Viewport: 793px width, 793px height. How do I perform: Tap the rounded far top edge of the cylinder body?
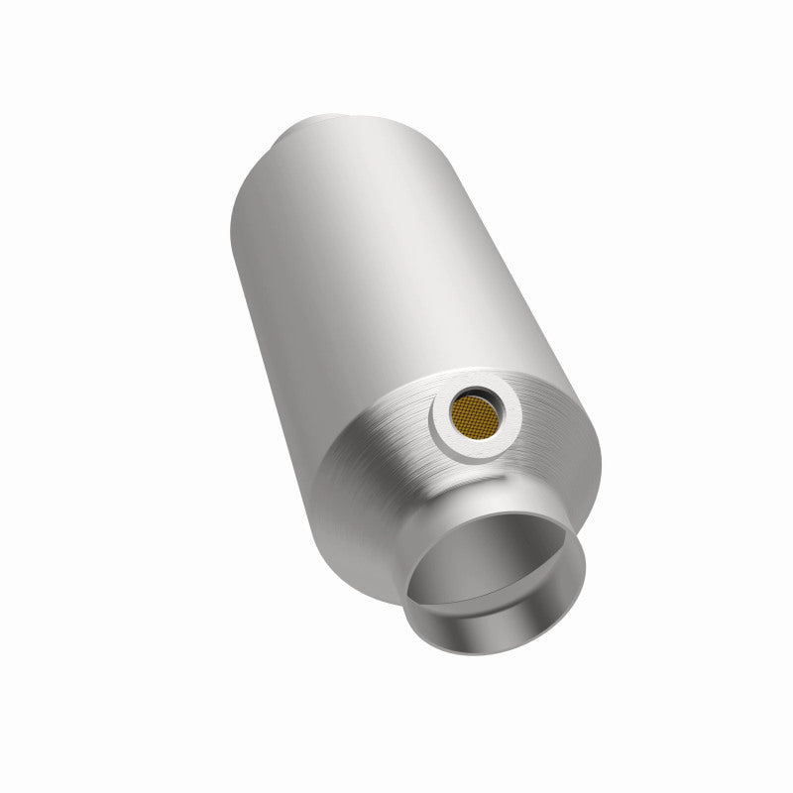pos(327,111)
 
